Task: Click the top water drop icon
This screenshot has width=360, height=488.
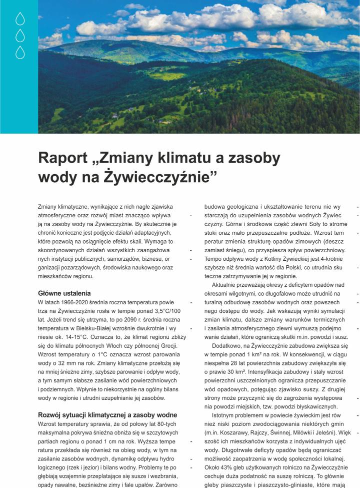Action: [20, 19]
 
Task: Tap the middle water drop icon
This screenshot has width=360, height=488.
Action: [20, 36]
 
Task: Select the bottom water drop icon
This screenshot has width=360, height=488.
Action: [20, 52]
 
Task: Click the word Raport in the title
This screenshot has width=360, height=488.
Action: [63, 159]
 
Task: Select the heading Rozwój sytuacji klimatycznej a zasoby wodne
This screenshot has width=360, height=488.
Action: [107, 415]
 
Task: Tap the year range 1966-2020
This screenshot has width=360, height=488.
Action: [75, 303]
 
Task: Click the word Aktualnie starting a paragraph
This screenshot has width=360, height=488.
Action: [227, 283]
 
